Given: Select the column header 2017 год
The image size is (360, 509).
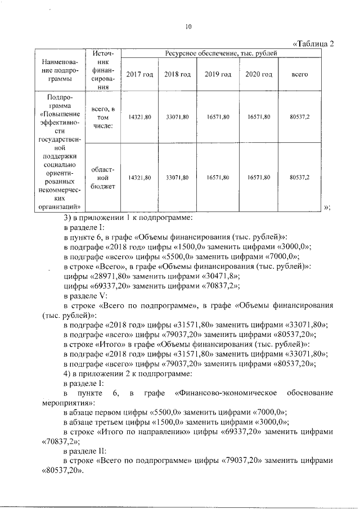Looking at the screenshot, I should [x=138, y=75].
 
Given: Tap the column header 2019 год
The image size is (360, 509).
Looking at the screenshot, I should [x=218, y=75].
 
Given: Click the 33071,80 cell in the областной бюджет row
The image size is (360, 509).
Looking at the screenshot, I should [x=177, y=177].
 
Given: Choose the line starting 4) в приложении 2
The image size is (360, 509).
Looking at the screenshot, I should [x=129, y=373].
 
